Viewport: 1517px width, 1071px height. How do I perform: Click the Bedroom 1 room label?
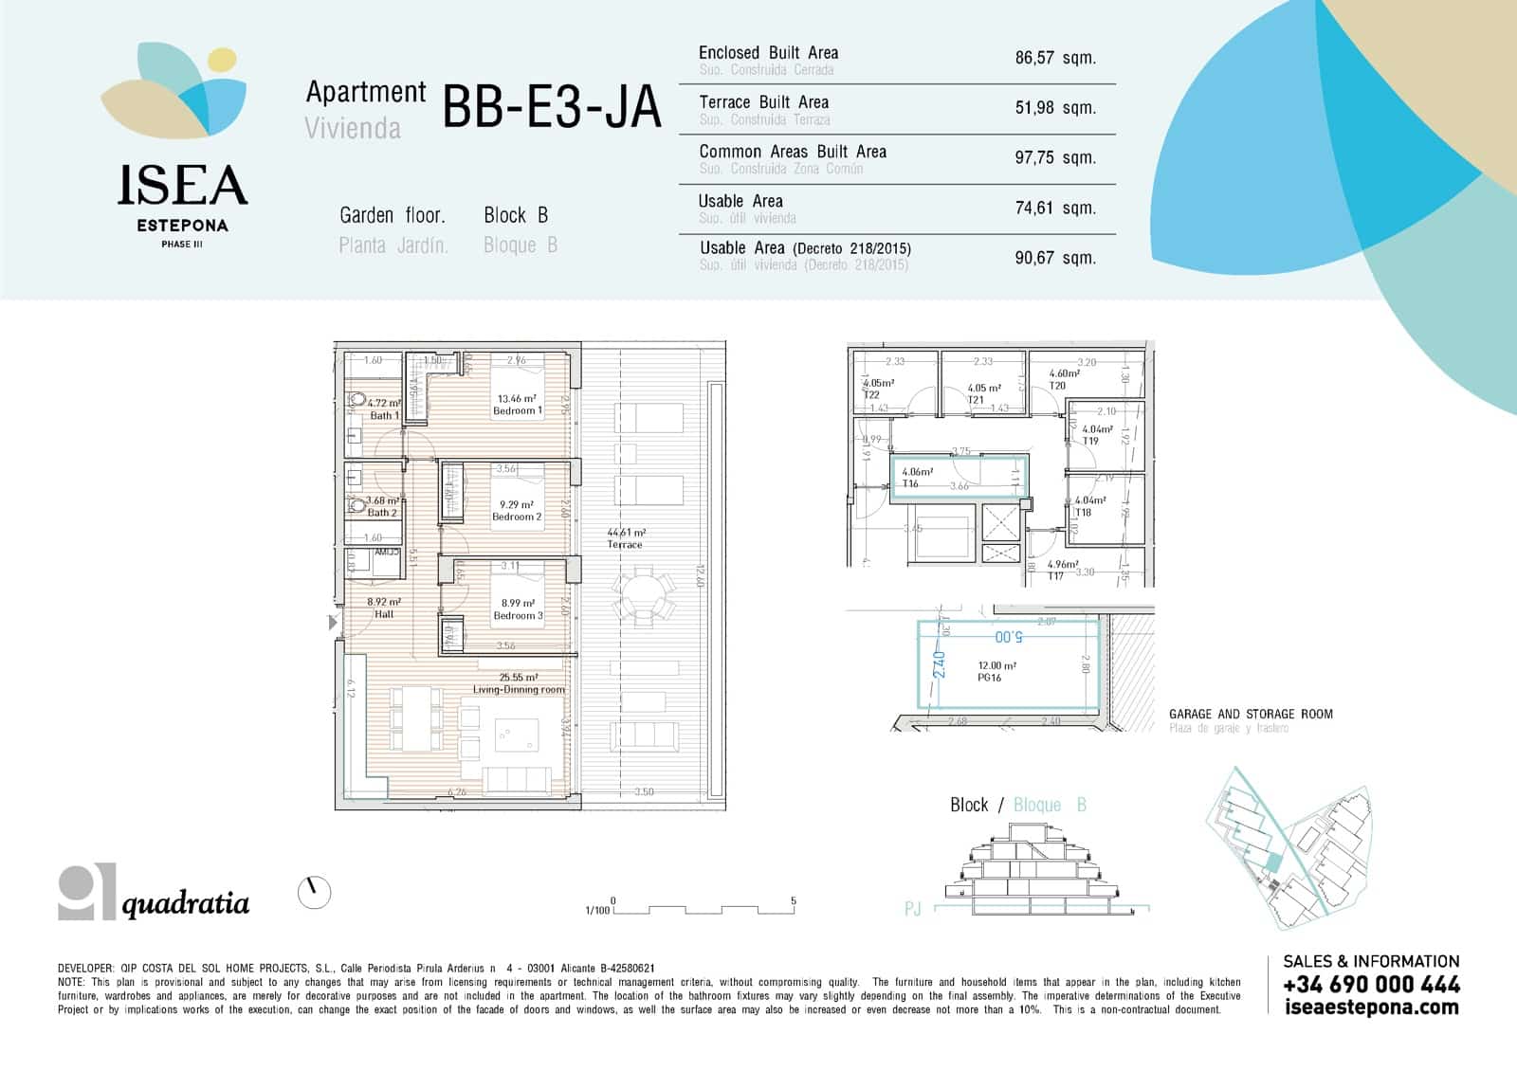[x=518, y=411]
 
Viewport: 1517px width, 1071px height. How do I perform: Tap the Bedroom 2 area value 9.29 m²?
[x=517, y=505]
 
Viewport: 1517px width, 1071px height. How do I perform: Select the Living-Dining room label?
[x=519, y=690]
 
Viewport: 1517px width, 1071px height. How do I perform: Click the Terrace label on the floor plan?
[x=625, y=545]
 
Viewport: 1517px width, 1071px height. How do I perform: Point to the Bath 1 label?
[x=384, y=416]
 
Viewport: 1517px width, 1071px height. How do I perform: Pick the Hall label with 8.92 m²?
[x=384, y=614]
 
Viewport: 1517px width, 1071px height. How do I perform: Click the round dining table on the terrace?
[x=645, y=598]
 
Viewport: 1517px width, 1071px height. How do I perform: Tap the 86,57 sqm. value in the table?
[x=1054, y=58]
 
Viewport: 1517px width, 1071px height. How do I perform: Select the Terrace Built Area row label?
[x=763, y=102]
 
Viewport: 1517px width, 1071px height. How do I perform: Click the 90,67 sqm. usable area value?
[x=1054, y=258]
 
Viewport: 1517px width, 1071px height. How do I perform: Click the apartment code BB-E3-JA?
[x=551, y=107]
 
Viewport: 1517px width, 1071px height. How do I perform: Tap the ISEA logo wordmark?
[x=182, y=186]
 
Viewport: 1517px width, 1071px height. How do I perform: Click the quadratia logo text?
[x=186, y=904]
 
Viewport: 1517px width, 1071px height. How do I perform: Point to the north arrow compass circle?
[x=314, y=892]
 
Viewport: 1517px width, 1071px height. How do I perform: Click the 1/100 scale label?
[x=597, y=911]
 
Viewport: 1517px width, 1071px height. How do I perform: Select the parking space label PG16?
[x=989, y=679]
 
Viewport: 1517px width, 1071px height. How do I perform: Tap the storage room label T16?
[x=910, y=484]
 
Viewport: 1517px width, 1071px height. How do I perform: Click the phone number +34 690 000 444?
[x=1370, y=985]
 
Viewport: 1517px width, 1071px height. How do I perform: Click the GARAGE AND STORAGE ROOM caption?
[x=1250, y=714]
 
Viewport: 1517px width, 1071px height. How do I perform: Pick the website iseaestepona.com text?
[x=1371, y=1007]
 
